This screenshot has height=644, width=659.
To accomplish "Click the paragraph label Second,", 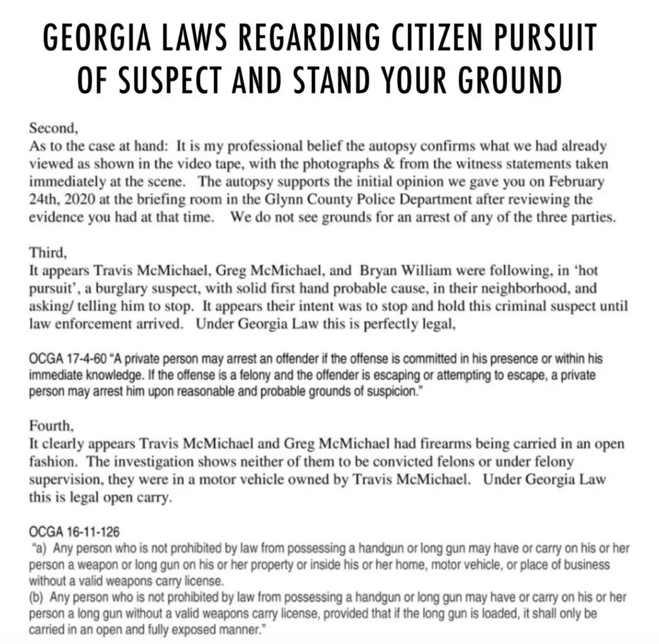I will coord(51,128).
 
